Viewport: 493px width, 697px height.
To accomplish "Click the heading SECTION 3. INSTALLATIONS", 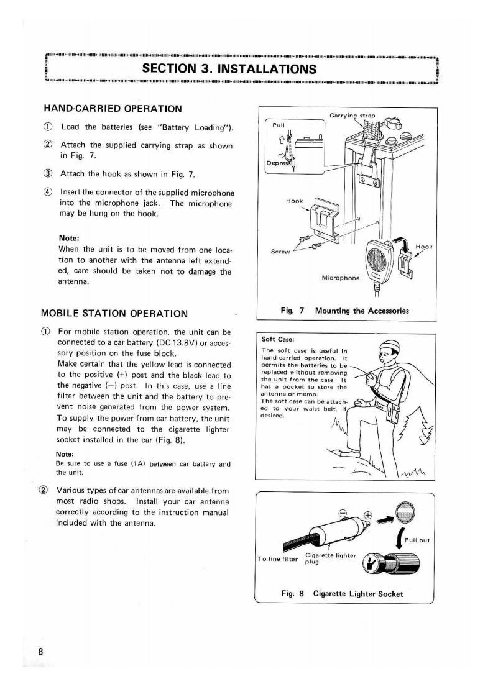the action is [229, 69].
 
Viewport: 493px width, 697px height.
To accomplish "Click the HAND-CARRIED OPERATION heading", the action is [113, 109].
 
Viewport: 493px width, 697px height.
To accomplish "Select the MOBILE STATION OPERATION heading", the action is [114, 313].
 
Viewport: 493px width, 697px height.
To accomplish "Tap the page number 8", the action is [40, 652].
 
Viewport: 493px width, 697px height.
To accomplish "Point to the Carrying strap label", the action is [352, 116].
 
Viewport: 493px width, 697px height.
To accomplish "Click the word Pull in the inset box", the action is [279, 125].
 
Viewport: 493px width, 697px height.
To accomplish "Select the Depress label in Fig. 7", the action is [278, 163].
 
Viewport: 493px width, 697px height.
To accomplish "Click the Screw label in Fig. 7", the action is [280, 252].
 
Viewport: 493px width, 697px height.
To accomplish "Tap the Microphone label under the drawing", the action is [341, 278].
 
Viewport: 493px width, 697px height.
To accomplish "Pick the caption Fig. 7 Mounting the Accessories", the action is [345, 311].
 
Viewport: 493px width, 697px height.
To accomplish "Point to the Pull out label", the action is [417, 540].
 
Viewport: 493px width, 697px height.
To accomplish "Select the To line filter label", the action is [278, 558].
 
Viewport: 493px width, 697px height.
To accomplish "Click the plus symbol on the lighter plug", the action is [367, 515].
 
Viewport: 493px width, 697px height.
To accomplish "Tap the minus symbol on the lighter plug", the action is [343, 513].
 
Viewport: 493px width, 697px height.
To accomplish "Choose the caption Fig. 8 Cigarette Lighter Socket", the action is [342, 594].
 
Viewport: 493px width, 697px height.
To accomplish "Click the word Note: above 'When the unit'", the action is [69, 239].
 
